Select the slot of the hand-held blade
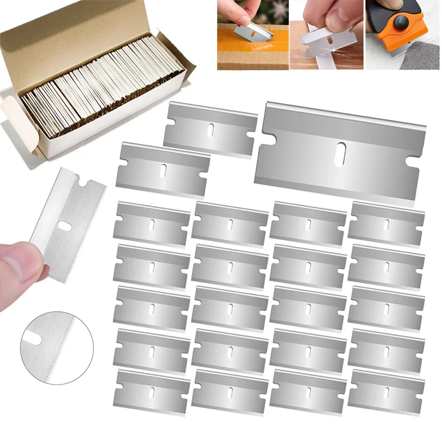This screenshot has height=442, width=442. [66, 225]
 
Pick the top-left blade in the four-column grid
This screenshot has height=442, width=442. [151, 223]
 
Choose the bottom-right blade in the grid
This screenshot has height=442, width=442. [386, 391]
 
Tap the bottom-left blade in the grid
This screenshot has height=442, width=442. [151, 391]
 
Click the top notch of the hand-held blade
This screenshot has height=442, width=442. [83, 181]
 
